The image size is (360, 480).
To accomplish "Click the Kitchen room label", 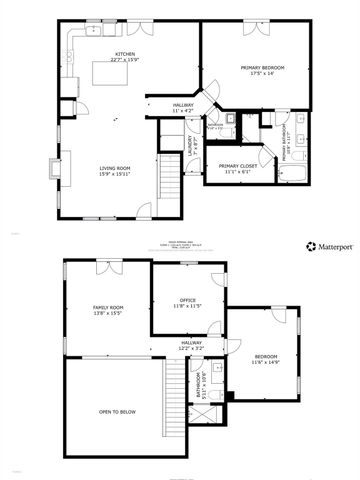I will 125,58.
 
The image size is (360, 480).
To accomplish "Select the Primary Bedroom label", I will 263,70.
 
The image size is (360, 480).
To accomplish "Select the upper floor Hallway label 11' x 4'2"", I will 181,106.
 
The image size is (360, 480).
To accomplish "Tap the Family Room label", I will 108,310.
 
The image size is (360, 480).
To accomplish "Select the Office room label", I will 187,302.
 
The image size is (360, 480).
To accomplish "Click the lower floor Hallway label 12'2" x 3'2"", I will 191,345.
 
